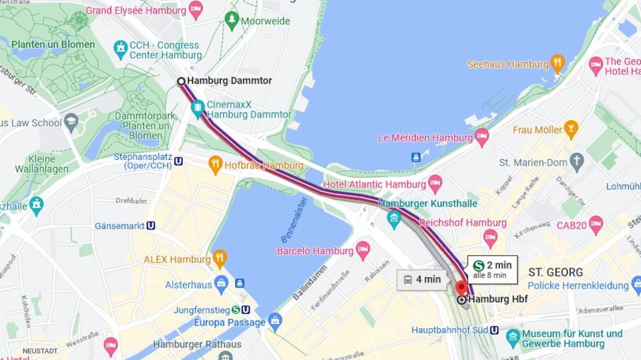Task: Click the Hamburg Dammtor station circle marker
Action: pyautogui.click(x=181, y=81)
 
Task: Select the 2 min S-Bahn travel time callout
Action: pyautogui.click(x=492, y=268)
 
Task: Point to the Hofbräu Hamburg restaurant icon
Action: pyautogui.click(x=215, y=165)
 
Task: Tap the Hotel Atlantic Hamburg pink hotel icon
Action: pyautogui.click(x=435, y=184)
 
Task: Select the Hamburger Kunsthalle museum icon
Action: pyautogui.click(x=394, y=218)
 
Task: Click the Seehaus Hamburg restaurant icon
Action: pyautogui.click(x=558, y=64)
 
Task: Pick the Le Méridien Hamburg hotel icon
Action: pyautogui.click(x=481, y=138)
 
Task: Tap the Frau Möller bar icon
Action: pyautogui.click(x=571, y=129)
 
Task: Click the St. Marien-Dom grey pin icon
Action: pyautogui.click(x=577, y=162)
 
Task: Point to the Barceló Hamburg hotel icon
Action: pyautogui.click(x=363, y=251)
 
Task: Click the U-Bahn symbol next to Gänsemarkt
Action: pyautogui.click(x=151, y=226)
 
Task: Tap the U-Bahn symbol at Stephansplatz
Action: pyautogui.click(x=179, y=161)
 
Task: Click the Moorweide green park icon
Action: pyautogui.click(x=232, y=21)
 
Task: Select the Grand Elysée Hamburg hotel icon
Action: pyautogui.click(x=196, y=10)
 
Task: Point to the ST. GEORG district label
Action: pyautogui.click(x=556, y=273)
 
